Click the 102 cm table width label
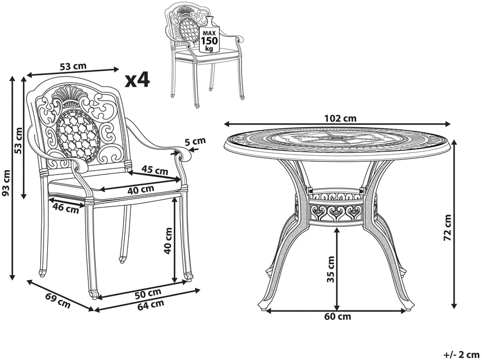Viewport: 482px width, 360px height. click(x=340, y=118)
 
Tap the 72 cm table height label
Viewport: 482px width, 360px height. click(x=448, y=227)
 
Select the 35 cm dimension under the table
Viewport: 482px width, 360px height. click(x=330, y=269)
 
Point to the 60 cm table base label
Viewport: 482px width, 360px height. click(x=337, y=316)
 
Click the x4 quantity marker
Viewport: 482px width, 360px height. click(x=138, y=80)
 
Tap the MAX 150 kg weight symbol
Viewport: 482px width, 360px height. click(x=209, y=35)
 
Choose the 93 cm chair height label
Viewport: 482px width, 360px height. click(x=6, y=183)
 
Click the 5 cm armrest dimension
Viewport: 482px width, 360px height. click(x=195, y=141)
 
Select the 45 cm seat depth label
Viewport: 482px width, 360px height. click(x=155, y=170)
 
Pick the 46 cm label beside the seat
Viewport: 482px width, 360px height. click(x=65, y=208)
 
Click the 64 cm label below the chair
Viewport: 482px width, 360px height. click(x=151, y=304)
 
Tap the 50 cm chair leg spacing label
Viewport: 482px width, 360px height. click(x=148, y=293)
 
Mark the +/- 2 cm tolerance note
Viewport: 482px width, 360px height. click(x=462, y=353)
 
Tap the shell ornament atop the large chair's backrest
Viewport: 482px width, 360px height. click(x=66, y=94)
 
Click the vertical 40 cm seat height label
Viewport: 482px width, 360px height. click(x=168, y=241)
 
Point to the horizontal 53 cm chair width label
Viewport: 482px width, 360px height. click(x=73, y=67)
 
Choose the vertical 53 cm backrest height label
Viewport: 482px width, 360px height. click(x=19, y=140)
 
